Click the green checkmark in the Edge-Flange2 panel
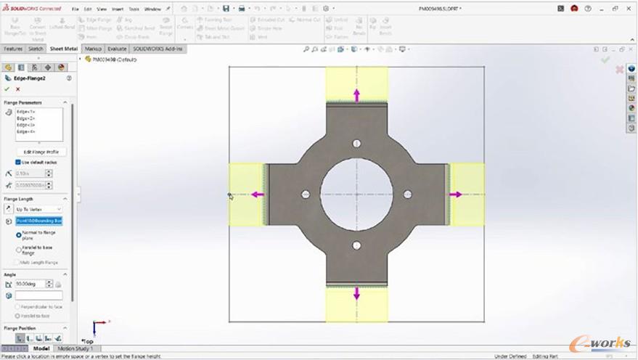click(x=7, y=89)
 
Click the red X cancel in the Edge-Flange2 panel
click(x=17, y=89)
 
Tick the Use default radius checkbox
click(x=19, y=162)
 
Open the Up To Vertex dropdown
click(x=38, y=209)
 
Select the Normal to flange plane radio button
click(x=18, y=235)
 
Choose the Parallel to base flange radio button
click(x=18, y=249)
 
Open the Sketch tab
click(x=36, y=49)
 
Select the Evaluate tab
click(x=117, y=49)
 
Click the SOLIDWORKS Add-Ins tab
click(x=158, y=49)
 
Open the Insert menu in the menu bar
click(x=118, y=9)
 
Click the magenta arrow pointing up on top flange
click(x=356, y=94)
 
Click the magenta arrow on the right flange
click(x=456, y=195)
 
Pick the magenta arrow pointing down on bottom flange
click(x=356, y=294)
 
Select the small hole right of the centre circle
click(x=407, y=195)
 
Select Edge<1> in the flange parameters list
click(x=27, y=112)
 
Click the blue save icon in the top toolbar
click(x=226, y=9)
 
